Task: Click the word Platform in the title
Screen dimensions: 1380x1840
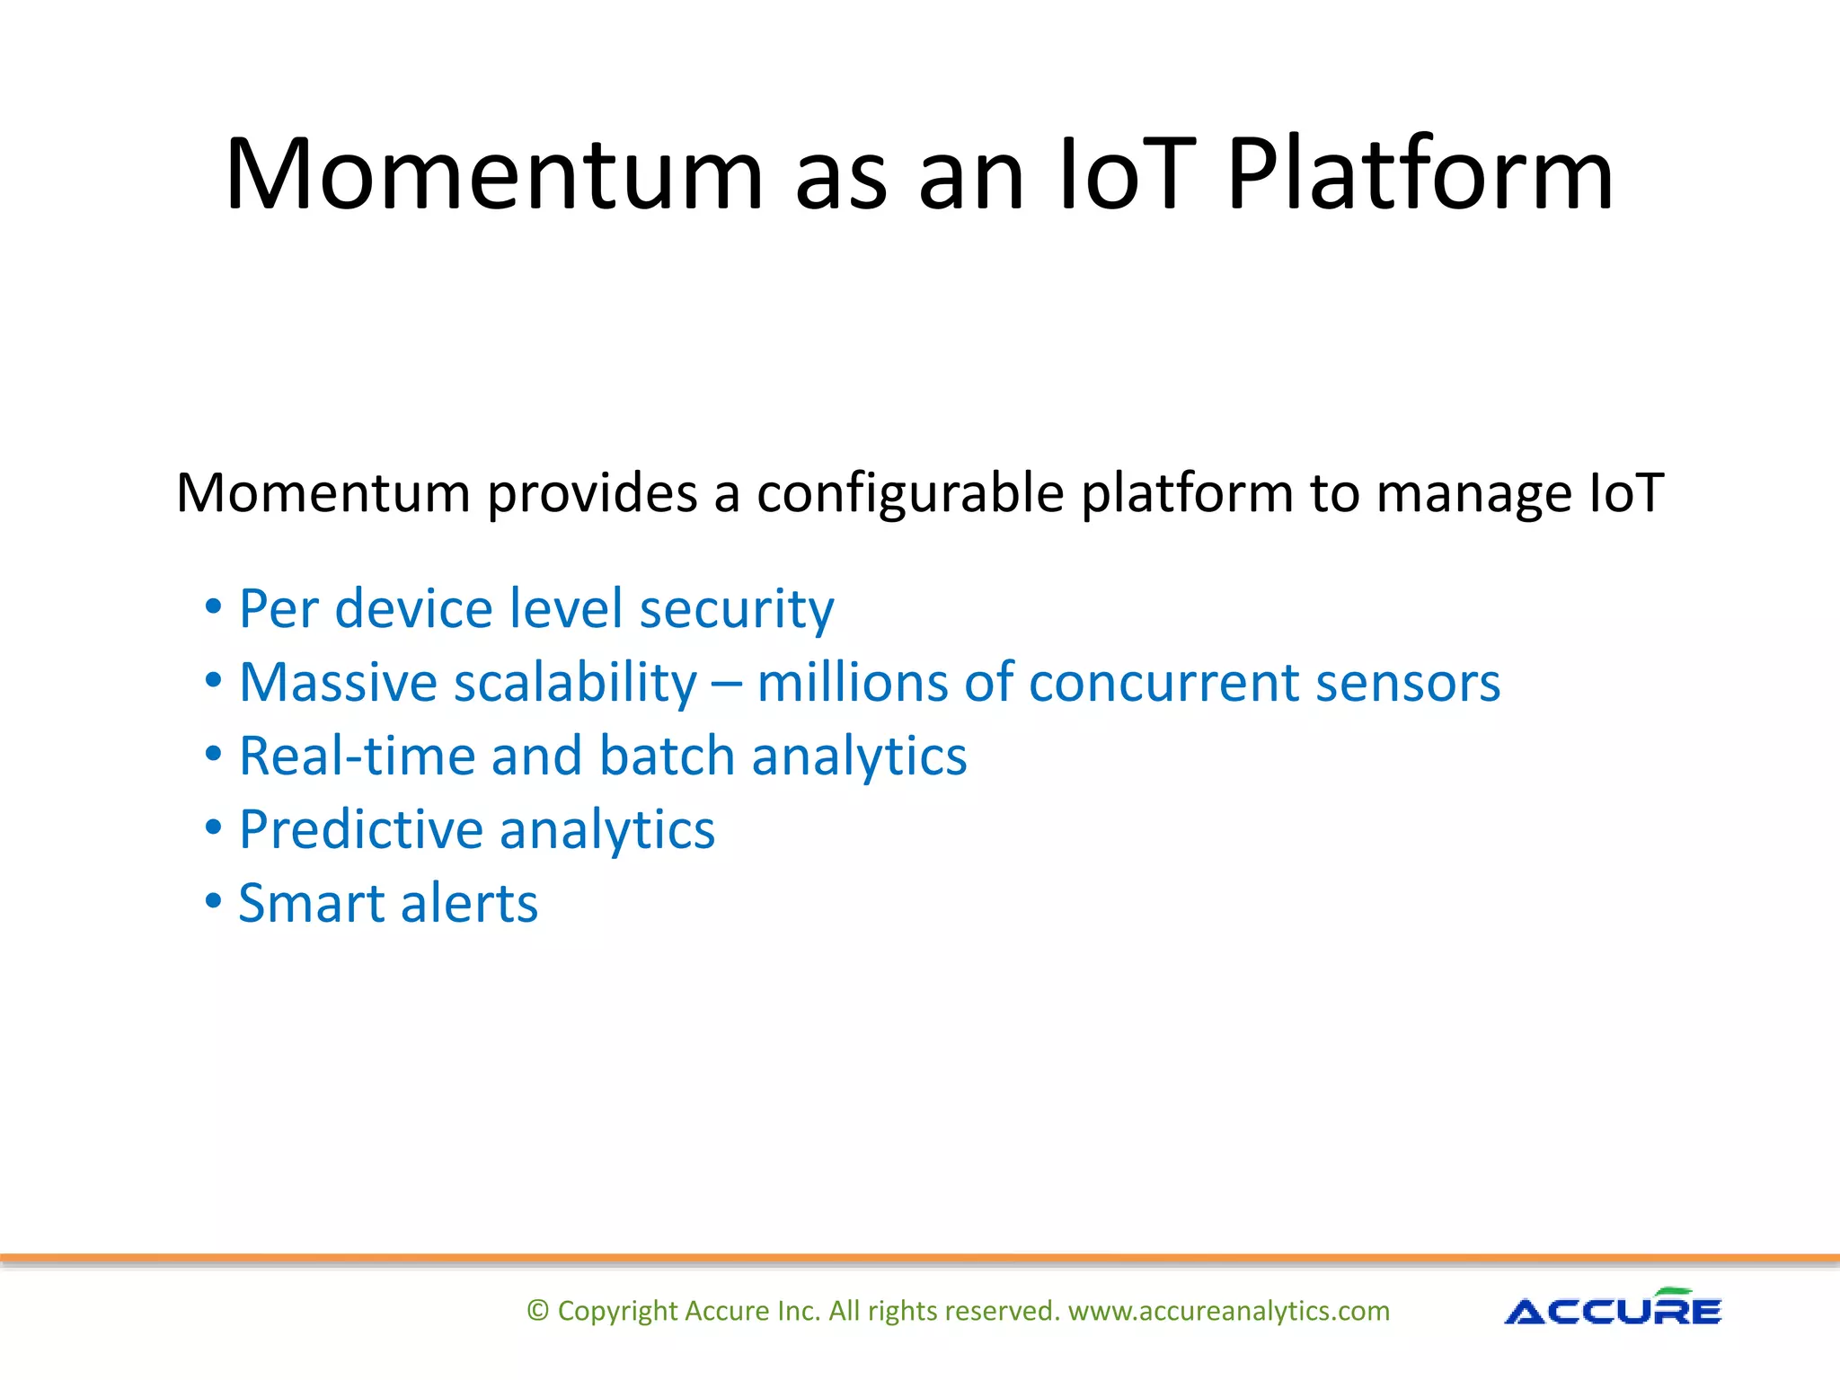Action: click(1420, 175)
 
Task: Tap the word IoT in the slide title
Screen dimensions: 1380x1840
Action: click(1127, 175)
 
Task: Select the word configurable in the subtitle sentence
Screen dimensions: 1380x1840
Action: click(909, 495)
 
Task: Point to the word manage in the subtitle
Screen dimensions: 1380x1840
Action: click(1473, 495)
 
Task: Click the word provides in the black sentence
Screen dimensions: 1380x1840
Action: click(592, 495)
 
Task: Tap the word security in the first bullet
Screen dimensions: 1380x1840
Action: click(736, 610)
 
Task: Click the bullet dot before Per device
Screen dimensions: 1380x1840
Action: click(213, 606)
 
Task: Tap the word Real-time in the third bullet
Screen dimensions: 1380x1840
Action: click(356, 756)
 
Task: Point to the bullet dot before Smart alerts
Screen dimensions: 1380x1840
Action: click(213, 900)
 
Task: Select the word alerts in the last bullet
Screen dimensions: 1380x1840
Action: click(469, 904)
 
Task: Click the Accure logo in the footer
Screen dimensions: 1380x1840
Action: click(1613, 1309)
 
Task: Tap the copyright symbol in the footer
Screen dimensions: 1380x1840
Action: click(537, 1311)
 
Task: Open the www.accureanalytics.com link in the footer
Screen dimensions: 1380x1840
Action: click(1228, 1311)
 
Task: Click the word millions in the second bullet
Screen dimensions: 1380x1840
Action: click(852, 684)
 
